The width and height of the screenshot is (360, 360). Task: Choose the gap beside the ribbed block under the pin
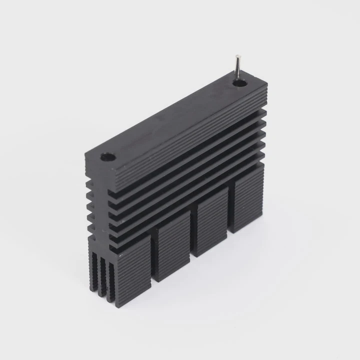pos(228,212)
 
